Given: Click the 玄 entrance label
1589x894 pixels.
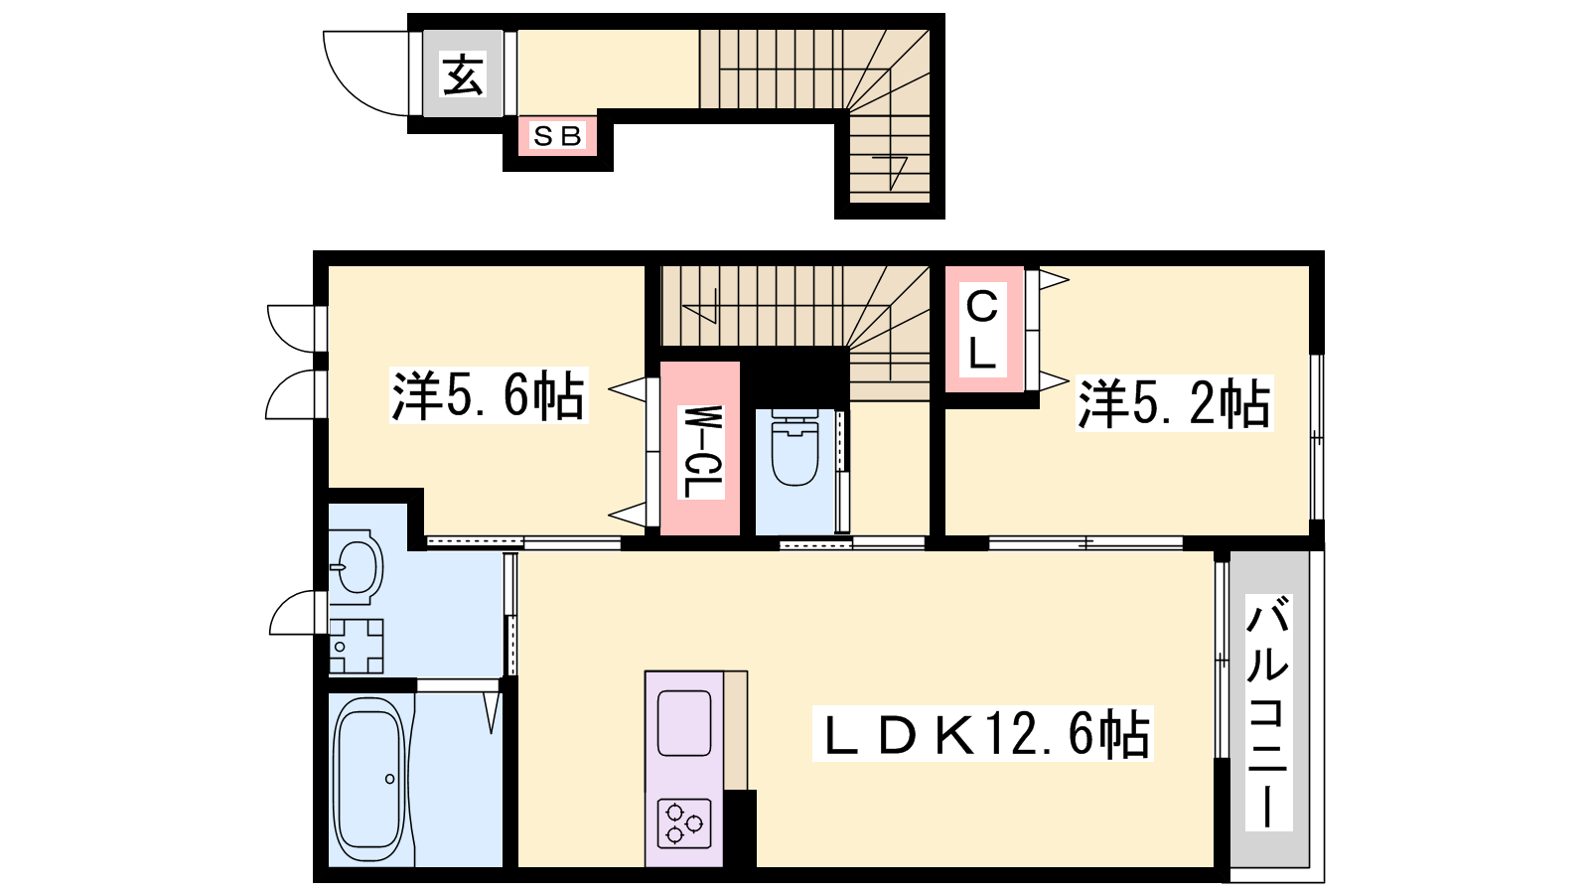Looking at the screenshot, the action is (463, 74).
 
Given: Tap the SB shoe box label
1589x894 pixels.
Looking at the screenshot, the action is (557, 135).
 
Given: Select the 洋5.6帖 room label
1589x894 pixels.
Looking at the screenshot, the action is (488, 395).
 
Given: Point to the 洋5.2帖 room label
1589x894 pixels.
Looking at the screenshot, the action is (1174, 403).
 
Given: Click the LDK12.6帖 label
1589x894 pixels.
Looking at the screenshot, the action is (982, 733).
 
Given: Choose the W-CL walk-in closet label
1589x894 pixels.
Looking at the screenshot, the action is (700, 452).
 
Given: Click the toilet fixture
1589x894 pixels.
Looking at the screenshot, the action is (794, 447).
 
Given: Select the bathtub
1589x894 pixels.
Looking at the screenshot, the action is (369, 779).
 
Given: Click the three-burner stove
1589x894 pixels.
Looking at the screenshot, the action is (684, 823).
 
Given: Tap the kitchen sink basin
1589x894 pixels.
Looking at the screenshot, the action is (684, 723).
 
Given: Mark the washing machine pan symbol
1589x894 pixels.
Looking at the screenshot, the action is (357, 646).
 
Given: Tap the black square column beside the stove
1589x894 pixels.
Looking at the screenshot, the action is (740, 828).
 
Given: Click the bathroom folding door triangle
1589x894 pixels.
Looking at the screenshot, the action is (492, 712).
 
